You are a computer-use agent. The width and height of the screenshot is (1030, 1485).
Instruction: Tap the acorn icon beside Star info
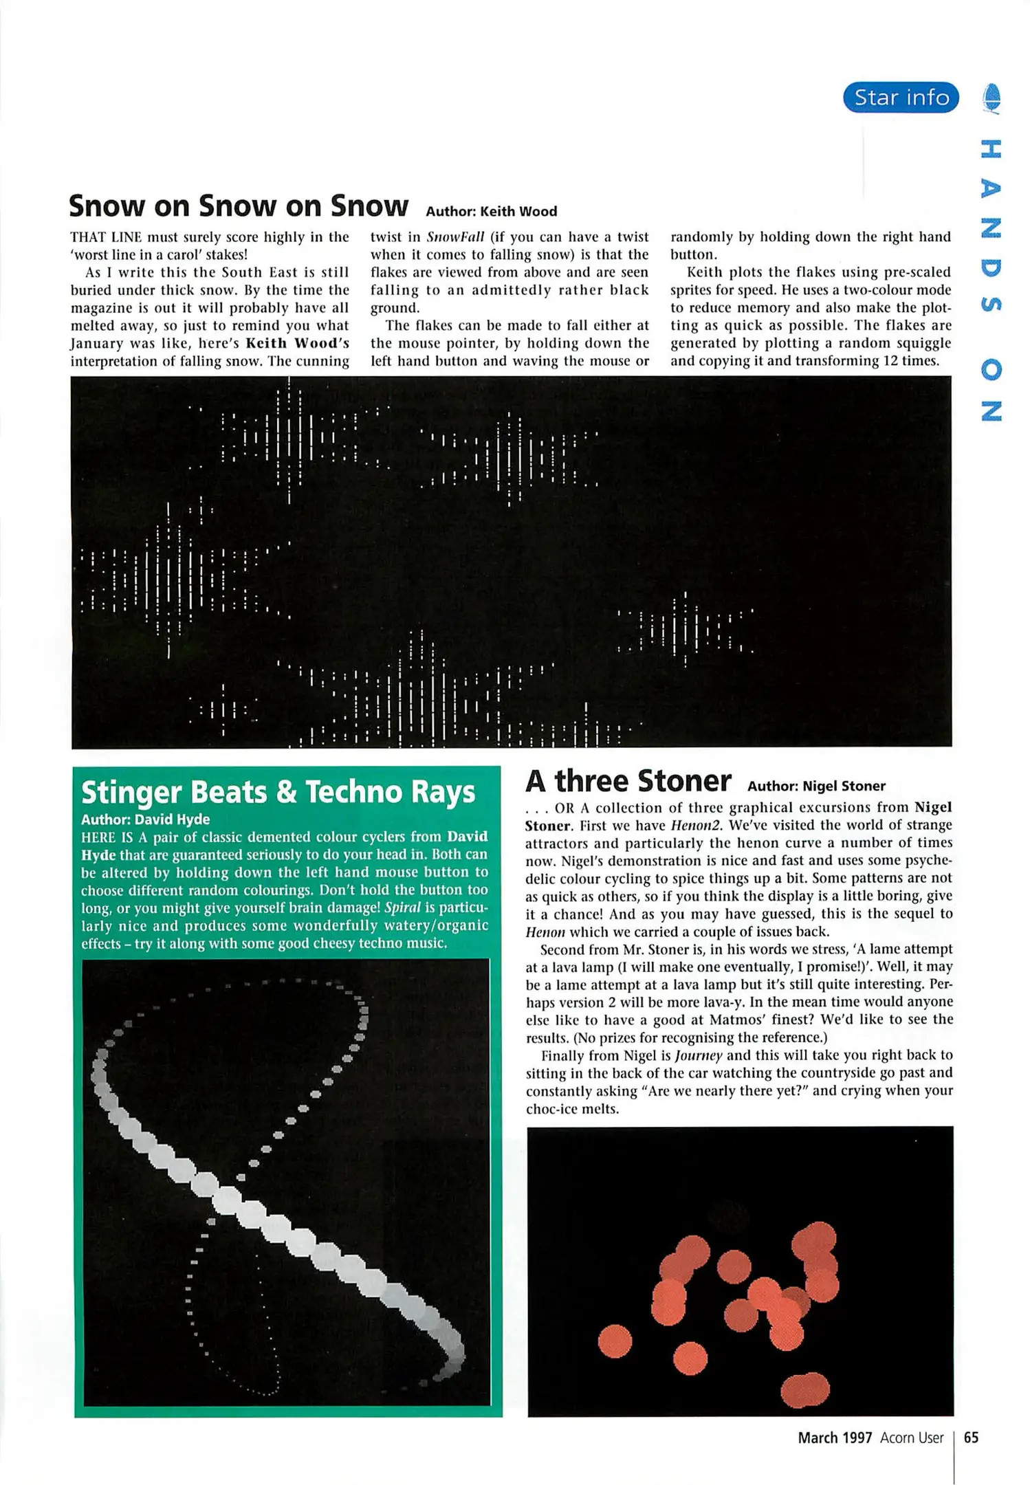(991, 98)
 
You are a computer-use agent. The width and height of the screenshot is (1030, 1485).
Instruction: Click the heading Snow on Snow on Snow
(238, 206)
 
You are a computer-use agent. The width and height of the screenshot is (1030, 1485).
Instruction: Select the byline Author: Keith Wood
(491, 212)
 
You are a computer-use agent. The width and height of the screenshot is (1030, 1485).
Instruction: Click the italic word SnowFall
(455, 237)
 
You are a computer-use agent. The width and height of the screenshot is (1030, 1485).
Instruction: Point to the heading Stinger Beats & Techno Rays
(278, 792)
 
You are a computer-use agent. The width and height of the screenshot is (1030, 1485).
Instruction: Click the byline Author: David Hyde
(145, 819)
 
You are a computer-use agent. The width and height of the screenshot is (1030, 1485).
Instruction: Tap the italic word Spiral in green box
(402, 907)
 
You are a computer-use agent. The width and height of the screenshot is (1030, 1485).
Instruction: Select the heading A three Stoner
(628, 782)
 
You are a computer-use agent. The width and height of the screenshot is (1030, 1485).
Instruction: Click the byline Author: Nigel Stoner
(816, 786)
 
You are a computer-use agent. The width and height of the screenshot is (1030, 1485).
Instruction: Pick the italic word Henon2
(696, 825)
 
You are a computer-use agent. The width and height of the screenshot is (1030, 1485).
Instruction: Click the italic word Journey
(699, 1055)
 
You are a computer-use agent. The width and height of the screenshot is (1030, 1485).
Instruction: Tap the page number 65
(971, 1438)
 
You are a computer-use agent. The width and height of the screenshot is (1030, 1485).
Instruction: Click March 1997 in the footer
(835, 1438)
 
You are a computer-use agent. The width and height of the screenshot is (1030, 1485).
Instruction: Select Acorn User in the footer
(912, 1438)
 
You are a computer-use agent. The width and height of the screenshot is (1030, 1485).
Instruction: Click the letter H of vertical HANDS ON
(991, 148)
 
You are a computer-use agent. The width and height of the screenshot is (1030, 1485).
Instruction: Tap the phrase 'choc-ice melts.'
(572, 1109)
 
